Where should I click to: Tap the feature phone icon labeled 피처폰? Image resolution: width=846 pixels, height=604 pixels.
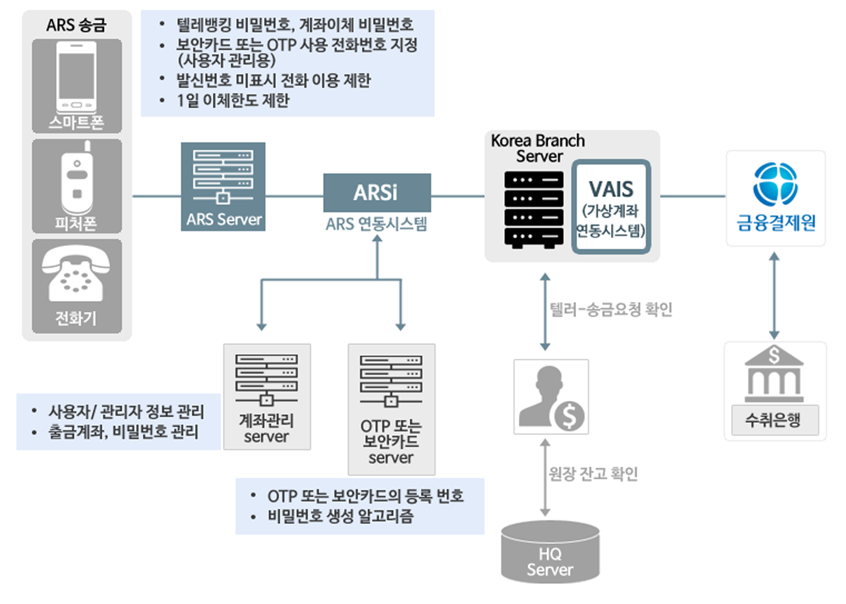pyautogui.click(x=77, y=179)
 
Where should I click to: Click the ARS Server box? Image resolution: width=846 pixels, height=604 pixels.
pyautogui.click(x=223, y=186)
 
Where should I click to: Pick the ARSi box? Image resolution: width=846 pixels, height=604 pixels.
pyautogui.click(x=376, y=193)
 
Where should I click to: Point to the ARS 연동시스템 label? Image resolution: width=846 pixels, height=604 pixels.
pyautogui.click(x=376, y=224)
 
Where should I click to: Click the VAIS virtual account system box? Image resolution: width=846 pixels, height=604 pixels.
pyautogui.click(x=611, y=207)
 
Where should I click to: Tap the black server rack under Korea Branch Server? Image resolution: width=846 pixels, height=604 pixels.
pyautogui.click(x=533, y=209)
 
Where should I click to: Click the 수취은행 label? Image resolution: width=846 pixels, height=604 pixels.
pyautogui.click(x=774, y=420)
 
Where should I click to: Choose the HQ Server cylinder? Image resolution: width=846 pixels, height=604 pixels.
pyautogui.click(x=550, y=553)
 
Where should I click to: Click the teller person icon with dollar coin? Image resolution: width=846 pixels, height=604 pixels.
pyautogui.click(x=551, y=397)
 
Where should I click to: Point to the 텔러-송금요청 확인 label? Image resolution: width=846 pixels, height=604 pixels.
pyautogui.click(x=611, y=310)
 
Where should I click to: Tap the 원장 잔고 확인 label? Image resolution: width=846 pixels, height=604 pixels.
pyautogui.click(x=593, y=474)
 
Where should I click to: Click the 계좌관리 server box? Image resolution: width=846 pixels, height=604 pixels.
pyautogui.click(x=267, y=396)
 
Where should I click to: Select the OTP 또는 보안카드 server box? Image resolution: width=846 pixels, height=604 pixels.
pyautogui.click(x=391, y=409)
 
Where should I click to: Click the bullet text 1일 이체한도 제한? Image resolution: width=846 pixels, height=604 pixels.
pyautogui.click(x=233, y=100)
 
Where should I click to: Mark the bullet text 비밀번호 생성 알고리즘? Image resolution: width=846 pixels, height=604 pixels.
pyautogui.click(x=340, y=516)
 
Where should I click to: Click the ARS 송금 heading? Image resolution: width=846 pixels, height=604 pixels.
pyautogui.click(x=76, y=25)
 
